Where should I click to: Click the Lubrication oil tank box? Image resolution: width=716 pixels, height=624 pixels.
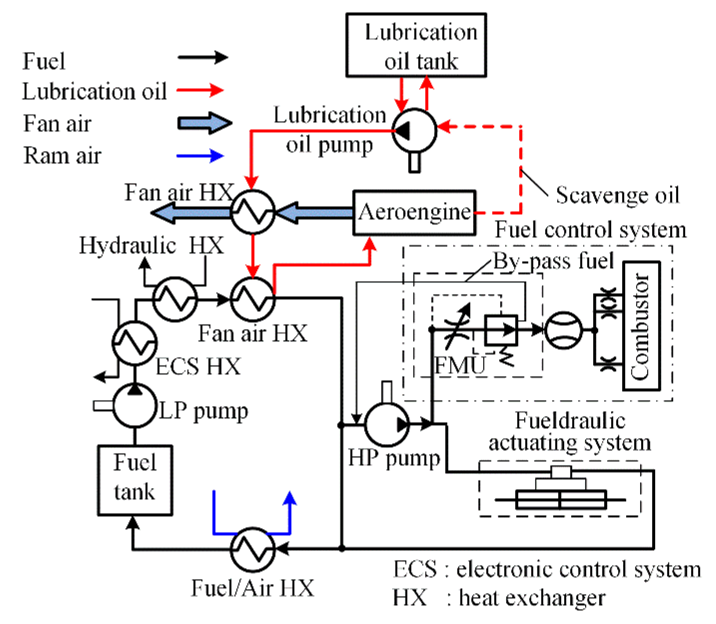(x=416, y=45)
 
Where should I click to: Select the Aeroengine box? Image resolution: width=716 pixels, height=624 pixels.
(x=414, y=212)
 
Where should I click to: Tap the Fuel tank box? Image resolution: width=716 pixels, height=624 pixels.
(x=135, y=480)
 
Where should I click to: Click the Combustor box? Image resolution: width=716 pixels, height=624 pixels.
(x=641, y=326)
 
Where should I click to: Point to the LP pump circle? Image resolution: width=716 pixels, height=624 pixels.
(x=135, y=405)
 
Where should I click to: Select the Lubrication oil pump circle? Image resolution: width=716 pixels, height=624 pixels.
(x=414, y=130)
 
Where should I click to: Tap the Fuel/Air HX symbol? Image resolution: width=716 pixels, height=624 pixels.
(x=253, y=549)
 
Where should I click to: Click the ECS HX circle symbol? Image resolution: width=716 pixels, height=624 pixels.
(x=135, y=343)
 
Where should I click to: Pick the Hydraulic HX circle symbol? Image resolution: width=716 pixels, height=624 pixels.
(x=175, y=299)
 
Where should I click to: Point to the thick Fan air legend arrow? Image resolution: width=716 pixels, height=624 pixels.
(x=205, y=123)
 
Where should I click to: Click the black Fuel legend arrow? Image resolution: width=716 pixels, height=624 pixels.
(x=203, y=57)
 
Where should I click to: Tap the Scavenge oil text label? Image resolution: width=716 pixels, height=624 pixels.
(x=617, y=195)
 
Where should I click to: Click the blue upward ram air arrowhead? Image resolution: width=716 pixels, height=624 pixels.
(x=290, y=499)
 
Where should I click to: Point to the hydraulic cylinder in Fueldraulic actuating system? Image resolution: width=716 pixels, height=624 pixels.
(x=561, y=499)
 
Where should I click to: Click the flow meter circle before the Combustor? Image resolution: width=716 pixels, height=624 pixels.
(x=563, y=330)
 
